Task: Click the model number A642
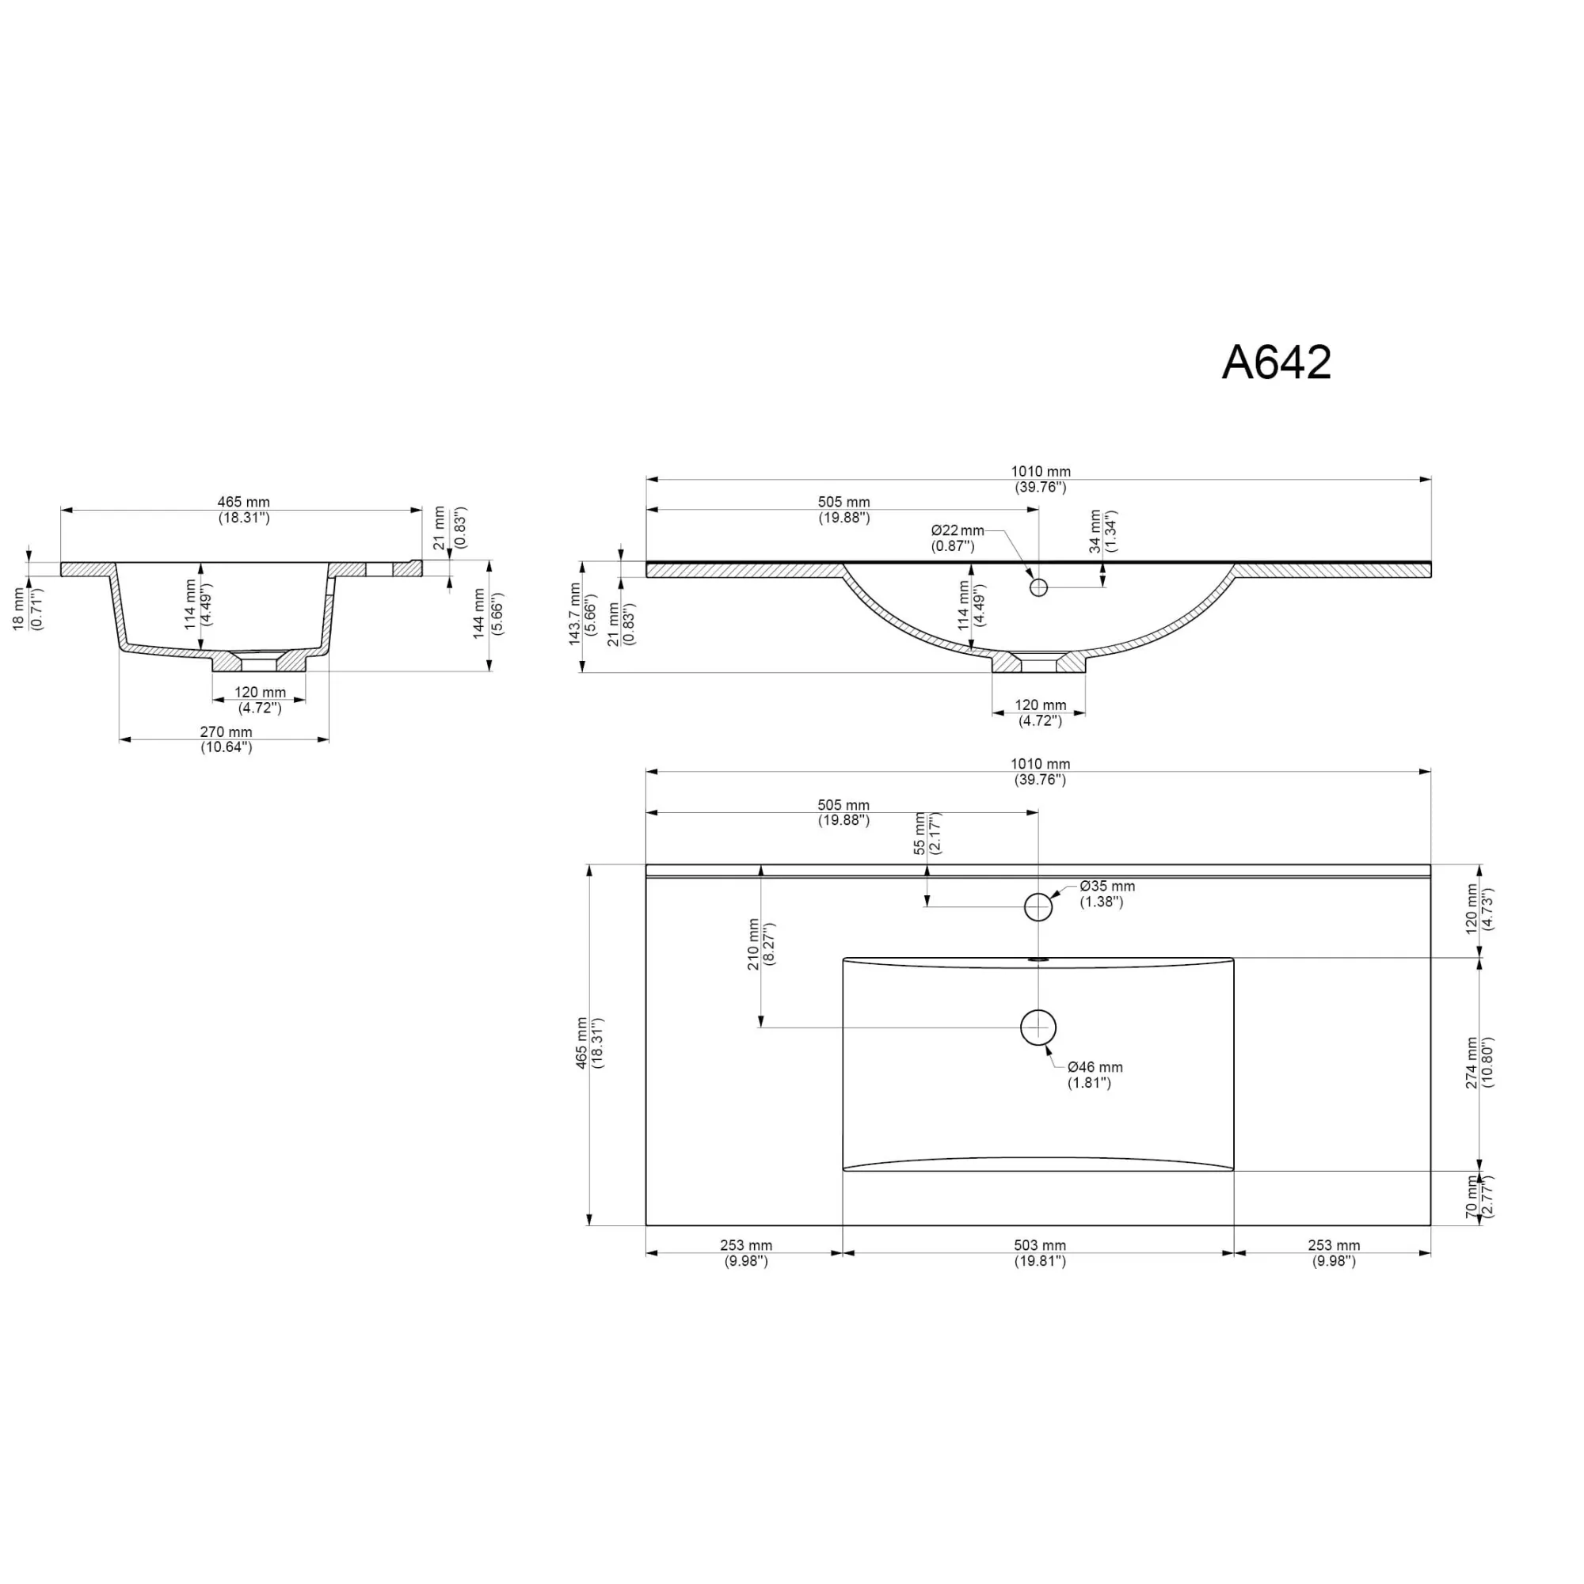pos(1277,362)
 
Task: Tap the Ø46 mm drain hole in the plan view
pos(1038,1028)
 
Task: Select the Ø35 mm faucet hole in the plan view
pos(1038,907)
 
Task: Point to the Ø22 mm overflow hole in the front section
pos(1038,587)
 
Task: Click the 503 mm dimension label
pos(1039,1245)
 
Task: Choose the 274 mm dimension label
pos(1472,1063)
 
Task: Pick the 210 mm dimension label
pos(753,944)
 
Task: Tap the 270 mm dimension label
pos(227,731)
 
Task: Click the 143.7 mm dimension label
pos(575,614)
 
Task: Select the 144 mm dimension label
pos(480,615)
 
